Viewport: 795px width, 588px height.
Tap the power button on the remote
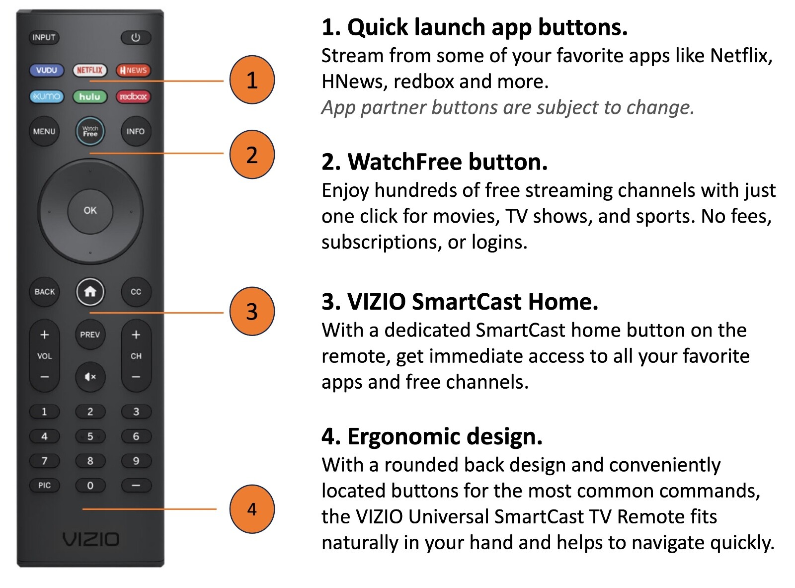(136, 38)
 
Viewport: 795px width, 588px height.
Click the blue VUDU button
(47, 70)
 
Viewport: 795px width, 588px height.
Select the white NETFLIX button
(89, 70)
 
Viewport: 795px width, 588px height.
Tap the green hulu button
(89, 96)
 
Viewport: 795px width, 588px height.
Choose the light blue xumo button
(47, 96)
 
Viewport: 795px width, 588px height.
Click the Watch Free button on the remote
(90, 131)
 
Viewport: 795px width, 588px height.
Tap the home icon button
(90, 292)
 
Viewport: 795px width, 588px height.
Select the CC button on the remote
(136, 292)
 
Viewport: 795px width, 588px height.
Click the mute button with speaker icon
(90, 377)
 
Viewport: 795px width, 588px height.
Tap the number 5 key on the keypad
(90, 436)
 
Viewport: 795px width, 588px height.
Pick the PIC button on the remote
(44, 486)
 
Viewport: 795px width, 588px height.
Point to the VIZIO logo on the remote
(91, 539)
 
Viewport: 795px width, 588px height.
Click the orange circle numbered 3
(252, 311)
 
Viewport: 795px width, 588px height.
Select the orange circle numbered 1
(252, 80)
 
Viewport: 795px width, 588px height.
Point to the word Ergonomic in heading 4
(404, 437)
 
